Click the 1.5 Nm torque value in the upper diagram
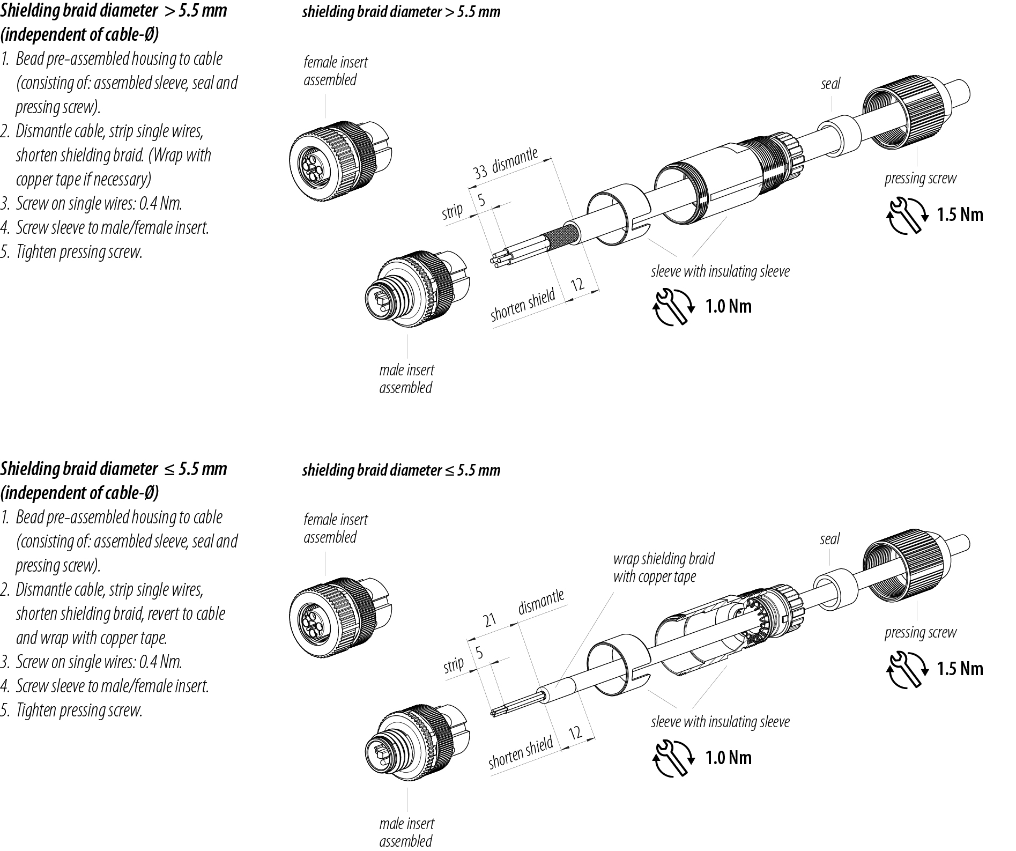(x=960, y=215)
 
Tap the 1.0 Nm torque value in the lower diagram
(x=728, y=758)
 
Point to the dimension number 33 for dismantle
(x=480, y=172)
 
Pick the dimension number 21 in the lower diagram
(x=490, y=620)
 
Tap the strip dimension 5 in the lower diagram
(x=479, y=653)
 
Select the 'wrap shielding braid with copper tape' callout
(x=663, y=568)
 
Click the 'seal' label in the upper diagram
(x=830, y=84)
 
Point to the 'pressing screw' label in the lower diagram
(x=920, y=633)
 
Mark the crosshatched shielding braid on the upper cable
(x=561, y=239)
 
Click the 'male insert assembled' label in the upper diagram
(x=406, y=379)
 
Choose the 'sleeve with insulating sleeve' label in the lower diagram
(x=720, y=722)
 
